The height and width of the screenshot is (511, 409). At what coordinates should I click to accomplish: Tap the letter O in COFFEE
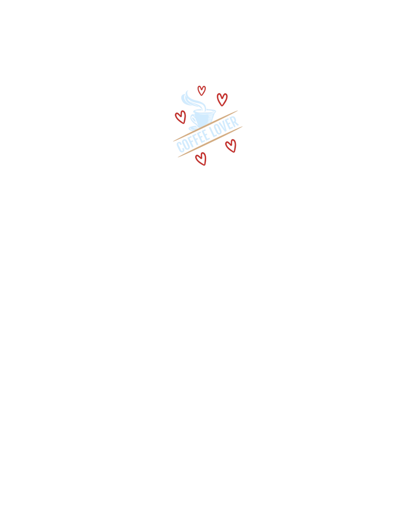[x=186, y=144]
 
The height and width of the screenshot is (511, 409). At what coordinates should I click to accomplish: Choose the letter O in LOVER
[x=219, y=129]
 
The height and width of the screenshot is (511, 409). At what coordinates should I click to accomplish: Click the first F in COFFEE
[x=191, y=141]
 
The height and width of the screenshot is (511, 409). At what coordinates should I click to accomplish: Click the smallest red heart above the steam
[x=201, y=90]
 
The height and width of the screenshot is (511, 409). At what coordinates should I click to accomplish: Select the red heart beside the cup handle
[x=180, y=117]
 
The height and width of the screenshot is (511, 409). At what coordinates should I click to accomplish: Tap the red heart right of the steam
[x=222, y=99]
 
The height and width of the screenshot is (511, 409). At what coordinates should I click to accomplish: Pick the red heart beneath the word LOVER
[x=231, y=146]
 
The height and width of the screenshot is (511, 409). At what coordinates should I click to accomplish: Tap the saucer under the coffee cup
[x=194, y=129]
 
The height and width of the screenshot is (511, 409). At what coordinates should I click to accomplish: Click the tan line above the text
[x=205, y=126]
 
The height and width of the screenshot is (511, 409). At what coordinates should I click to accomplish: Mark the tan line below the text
[x=210, y=142]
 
